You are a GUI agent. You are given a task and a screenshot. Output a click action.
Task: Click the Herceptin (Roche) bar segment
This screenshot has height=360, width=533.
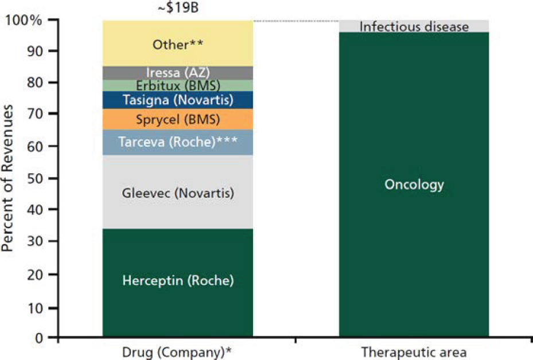point(178,281)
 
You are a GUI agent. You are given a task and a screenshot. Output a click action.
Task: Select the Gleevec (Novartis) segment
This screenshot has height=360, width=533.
point(178,193)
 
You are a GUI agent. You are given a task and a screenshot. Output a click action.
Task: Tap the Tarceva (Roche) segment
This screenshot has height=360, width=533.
point(178,143)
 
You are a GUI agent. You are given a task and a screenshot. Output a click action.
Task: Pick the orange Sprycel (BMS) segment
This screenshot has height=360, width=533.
point(178,120)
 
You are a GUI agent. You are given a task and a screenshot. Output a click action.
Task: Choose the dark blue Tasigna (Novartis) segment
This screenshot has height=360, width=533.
point(178,100)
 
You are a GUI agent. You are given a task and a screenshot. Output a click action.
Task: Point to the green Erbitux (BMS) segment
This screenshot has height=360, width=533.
point(178,85)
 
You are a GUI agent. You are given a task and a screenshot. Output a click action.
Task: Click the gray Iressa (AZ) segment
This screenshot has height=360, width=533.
point(178,73)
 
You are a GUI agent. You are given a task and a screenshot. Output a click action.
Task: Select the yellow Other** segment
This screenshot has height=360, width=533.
point(178,44)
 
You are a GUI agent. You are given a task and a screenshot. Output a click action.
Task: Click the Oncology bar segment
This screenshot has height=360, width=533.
point(414,185)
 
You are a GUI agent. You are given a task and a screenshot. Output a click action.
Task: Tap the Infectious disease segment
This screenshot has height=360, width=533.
point(414,26)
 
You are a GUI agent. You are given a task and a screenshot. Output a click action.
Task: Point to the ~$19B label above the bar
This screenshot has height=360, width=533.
point(178,9)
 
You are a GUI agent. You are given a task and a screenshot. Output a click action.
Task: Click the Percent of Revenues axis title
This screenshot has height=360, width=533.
point(8,178)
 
